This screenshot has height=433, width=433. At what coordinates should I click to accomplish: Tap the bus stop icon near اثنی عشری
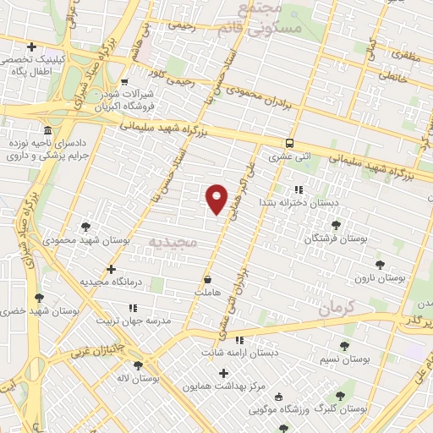(x=290, y=143)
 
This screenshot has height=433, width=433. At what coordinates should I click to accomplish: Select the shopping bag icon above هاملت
(x=208, y=278)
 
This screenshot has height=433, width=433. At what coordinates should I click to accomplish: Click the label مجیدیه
(x=172, y=242)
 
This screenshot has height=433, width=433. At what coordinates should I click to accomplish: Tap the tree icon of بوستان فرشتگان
(x=337, y=225)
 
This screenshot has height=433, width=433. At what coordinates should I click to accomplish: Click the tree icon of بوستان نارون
(x=379, y=265)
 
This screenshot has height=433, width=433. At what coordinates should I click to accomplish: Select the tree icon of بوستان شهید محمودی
(x=85, y=226)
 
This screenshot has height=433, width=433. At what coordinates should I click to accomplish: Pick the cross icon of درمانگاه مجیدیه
(x=111, y=269)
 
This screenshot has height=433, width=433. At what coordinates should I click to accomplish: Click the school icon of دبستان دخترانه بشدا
(x=298, y=190)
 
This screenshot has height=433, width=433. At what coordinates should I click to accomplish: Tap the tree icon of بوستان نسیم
(x=343, y=346)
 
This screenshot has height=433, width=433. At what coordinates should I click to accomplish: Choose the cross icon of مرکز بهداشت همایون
(x=223, y=373)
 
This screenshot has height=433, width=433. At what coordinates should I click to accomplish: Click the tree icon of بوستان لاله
(x=138, y=365)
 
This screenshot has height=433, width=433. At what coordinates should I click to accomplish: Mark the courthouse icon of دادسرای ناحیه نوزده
(x=47, y=131)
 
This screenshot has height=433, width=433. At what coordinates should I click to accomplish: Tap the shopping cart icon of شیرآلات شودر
(x=125, y=82)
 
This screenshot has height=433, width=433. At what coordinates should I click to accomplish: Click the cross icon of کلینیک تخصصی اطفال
(x=31, y=47)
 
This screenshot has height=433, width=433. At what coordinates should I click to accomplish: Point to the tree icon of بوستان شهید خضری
(x=39, y=298)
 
